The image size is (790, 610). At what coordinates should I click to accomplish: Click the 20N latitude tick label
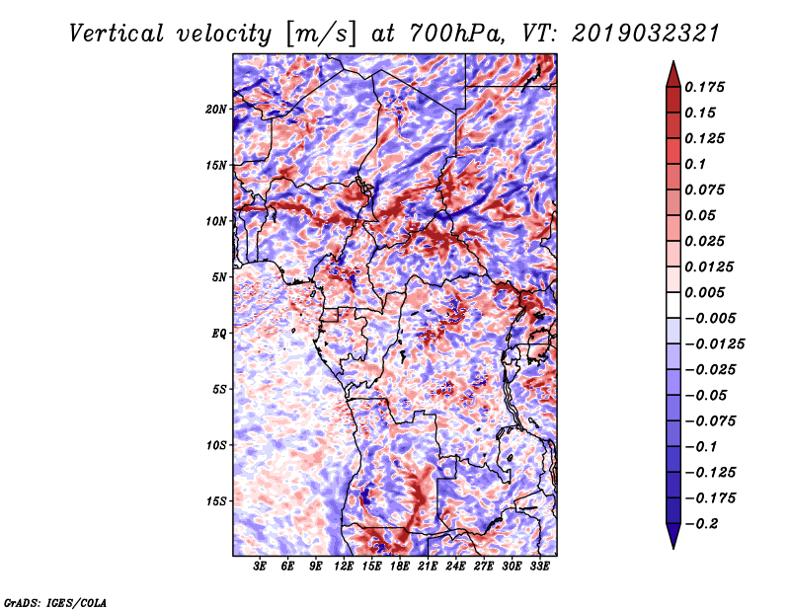tap(216, 109)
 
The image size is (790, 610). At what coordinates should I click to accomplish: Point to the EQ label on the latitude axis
tap(219, 334)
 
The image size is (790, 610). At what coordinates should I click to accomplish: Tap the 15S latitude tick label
tap(216, 501)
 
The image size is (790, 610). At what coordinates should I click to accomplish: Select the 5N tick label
tap(219, 277)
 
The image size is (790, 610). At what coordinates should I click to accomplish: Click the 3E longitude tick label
tap(261, 567)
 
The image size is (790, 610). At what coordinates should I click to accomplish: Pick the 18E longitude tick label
tap(400, 567)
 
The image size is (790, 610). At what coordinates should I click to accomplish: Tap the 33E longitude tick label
tap(539, 567)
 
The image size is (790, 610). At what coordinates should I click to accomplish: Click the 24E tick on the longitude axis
tap(455, 567)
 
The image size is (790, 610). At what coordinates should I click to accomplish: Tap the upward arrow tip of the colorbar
tap(671, 64)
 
